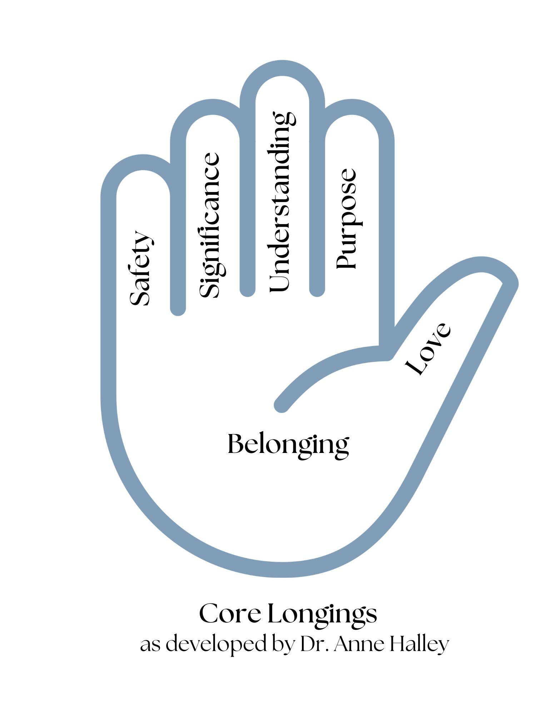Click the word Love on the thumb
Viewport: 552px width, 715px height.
428,349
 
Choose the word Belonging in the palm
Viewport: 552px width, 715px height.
288,444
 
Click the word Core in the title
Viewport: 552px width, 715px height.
230,613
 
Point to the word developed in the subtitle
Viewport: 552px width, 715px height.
217,644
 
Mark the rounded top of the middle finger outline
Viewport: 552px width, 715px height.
282,68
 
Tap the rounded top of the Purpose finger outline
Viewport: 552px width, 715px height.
352,107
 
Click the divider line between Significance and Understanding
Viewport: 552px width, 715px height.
248,214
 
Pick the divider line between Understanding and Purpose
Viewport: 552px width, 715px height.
317,214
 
